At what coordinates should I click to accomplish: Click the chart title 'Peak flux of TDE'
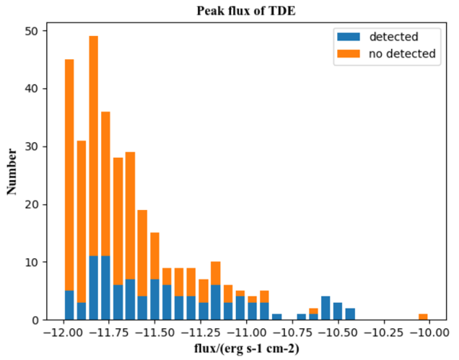247,12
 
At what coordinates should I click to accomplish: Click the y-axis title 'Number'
12,171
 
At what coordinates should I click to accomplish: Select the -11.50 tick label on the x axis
154,333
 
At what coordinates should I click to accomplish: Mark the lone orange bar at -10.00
423,317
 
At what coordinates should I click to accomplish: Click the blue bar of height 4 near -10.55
325,308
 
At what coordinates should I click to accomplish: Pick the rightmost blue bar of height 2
350,314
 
